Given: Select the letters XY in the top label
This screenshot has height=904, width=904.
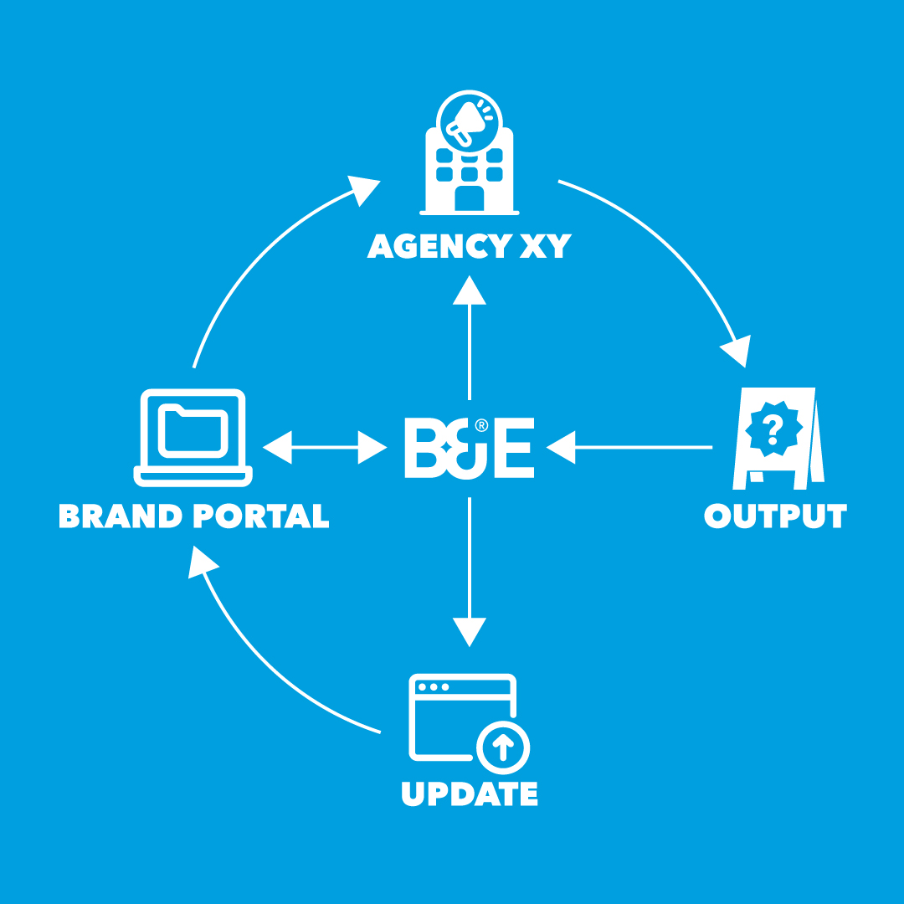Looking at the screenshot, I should [546, 246].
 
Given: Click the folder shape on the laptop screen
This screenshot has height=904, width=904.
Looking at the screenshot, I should [193, 430].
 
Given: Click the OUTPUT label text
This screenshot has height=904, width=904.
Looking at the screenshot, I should [775, 516].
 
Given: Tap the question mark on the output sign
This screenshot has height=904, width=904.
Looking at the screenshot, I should [774, 429].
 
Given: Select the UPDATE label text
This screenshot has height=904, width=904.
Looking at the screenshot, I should [469, 793].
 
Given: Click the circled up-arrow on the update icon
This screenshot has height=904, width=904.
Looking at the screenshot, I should [502, 746].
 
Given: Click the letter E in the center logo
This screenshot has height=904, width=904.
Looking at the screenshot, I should [511, 449].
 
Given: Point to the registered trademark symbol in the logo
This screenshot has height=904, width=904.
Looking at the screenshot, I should [481, 425].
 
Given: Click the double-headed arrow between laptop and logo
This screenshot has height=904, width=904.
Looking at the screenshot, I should [324, 447].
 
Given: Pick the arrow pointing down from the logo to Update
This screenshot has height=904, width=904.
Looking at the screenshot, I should [470, 569].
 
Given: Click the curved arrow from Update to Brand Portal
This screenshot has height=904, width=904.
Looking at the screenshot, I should [268, 661].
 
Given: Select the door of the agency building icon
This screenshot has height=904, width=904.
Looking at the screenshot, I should [469, 198].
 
